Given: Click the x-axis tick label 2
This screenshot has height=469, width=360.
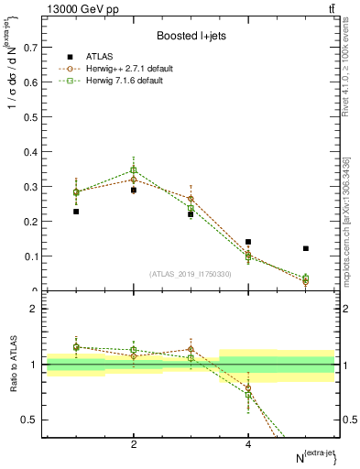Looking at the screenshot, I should pos(134,444).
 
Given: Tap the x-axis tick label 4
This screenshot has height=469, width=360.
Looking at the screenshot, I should pos(248,444).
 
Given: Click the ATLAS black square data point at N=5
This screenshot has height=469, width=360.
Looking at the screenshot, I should pos(306,248).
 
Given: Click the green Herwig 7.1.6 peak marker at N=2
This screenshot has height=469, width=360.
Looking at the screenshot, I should pos(134,169).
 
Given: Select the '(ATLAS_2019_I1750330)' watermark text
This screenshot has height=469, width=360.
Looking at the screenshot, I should pos(191,274).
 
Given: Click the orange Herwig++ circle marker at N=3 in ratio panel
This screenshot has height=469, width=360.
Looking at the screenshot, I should pos(191,349).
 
